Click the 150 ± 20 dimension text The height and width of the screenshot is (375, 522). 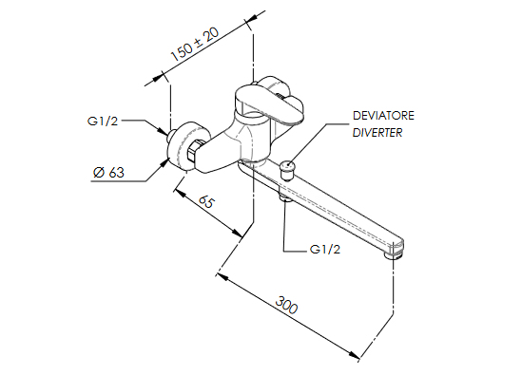pos(195,44)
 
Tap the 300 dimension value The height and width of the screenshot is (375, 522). pos(286,305)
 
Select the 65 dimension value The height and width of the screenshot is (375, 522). pos(207,201)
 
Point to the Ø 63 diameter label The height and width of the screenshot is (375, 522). pos(108,172)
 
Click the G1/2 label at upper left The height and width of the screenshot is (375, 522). pos(103,121)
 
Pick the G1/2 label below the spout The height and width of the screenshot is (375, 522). pos(325,249)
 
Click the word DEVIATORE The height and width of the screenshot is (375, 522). pos(383,116)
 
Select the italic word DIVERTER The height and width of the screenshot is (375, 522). pos(377,133)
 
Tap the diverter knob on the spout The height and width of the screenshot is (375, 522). pos(288,170)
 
